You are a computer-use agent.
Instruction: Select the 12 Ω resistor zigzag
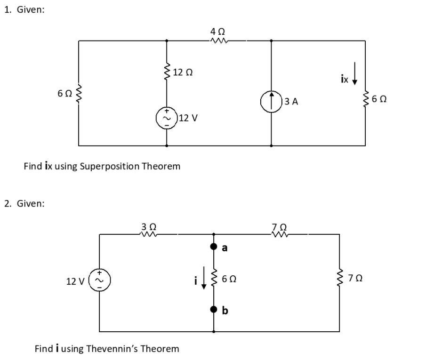(166, 72)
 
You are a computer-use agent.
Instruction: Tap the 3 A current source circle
(271, 102)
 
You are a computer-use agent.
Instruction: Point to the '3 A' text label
(292, 101)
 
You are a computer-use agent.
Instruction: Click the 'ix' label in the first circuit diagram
(345, 80)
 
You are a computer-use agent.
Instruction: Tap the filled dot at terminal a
(214, 247)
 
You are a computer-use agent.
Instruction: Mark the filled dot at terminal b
(214, 310)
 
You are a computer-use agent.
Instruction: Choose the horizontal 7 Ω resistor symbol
(279, 233)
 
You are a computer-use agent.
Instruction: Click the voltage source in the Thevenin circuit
(100, 280)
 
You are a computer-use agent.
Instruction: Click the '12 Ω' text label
(183, 72)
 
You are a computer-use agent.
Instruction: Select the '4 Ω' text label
(218, 31)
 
